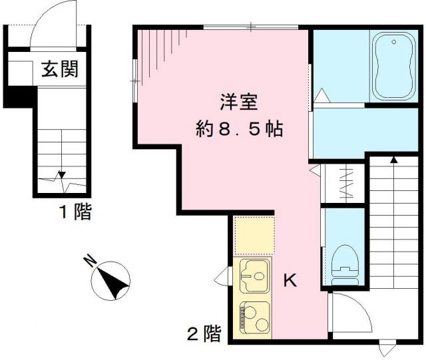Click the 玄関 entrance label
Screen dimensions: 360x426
61,69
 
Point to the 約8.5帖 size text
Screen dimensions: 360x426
239,128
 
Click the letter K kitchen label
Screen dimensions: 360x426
290,281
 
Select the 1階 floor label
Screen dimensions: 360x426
74,213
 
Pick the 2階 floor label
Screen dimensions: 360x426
203,333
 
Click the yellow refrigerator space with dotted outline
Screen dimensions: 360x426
255,236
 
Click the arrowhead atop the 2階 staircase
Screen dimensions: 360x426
393,160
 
